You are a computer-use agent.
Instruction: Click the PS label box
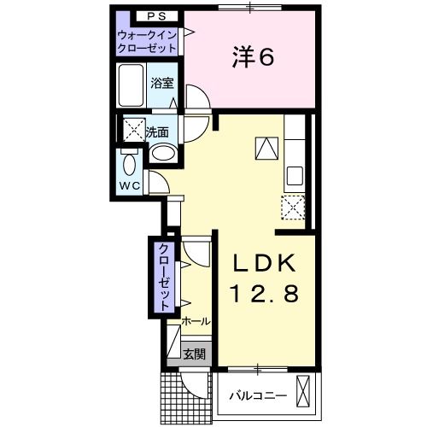click(156, 16)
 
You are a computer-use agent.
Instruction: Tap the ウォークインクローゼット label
click(147, 42)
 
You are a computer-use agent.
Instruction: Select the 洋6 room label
click(253, 58)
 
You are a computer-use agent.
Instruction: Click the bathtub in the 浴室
click(131, 85)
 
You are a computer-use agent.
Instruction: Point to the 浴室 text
click(162, 83)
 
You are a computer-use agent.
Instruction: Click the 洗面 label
click(157, 132)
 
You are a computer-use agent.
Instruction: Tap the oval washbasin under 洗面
click(163, 153)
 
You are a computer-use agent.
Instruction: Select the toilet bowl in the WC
click(130, 164)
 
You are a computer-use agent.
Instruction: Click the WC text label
click(130, 186)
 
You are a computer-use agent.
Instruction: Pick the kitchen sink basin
click(295, 176)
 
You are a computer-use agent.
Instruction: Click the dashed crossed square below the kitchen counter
click(293, 208)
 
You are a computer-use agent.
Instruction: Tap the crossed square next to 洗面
click(134, 129)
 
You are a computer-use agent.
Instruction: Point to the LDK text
click(264, 263)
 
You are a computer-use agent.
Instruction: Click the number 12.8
click(265, 294)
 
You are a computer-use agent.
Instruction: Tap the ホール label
click(196, 321)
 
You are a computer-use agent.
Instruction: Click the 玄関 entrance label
click(194, 354)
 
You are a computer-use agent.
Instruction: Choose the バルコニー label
click(258, 396)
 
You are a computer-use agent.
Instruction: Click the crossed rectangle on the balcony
click(302, 392)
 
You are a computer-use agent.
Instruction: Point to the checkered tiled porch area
click(186, 398)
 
